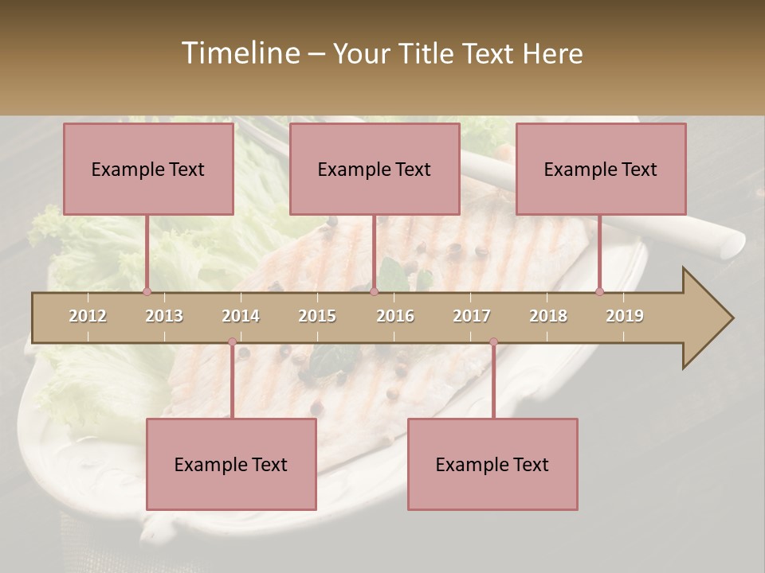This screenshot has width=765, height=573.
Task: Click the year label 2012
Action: pyautogui.click(x=88, y=316)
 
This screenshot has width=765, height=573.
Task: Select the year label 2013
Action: pyautogui.click(x=164, y=316)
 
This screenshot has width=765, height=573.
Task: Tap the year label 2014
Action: pyautogui.click(x=241, y=316)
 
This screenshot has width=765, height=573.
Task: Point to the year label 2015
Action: pyautogui.click(x=317, y=316)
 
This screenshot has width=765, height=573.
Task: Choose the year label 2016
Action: pyautogui.click(x=395, y=316)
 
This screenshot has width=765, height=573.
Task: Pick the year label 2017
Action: pyautogui.click(x=472, y=316)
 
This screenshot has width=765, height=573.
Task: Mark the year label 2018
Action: pyautogui.click(x=548, y=316)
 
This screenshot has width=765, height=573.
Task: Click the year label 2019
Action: pyautogui.click(x=625, y=316)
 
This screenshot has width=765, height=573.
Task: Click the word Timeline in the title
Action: pyautogui.click(x=239, y=53)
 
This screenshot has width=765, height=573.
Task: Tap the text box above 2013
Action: pyautogui.click(x=148, y=169)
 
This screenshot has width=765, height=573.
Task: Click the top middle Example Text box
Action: pyautogui.click(x=375, y=169)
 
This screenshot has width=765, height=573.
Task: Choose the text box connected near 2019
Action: pyautogui.click(x=601, y=169)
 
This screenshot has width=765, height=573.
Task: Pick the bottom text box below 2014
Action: pyautogui.click(x=231, y=464)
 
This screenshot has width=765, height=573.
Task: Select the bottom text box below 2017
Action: pyautogui.click(x=492, y=464)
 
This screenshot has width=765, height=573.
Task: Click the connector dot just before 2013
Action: pyautogui.click(x=147, y=291)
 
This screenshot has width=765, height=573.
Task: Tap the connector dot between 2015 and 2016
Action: pyautogui.click(x=374, y=291)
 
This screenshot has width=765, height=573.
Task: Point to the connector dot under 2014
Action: pyautogui.click(x=232, y=342)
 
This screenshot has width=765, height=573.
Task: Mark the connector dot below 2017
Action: pyautogui.click(x=493, y=342)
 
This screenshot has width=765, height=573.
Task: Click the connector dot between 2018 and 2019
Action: pyautogui.click(x=599, y=291)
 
